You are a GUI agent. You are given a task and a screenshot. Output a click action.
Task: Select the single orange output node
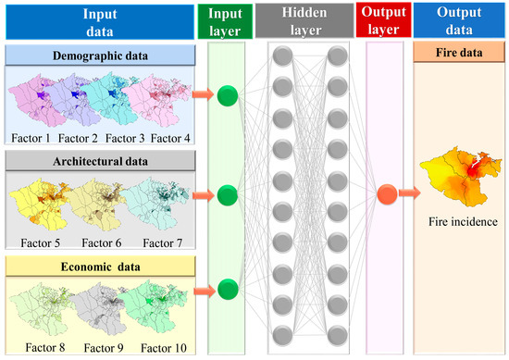[x=387, y=194]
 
